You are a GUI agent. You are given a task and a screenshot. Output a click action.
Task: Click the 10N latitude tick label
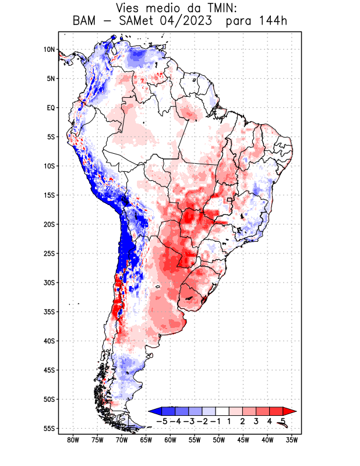50,50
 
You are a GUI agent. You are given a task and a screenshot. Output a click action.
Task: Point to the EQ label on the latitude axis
51,108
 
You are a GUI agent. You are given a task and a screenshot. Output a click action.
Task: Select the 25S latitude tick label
49,253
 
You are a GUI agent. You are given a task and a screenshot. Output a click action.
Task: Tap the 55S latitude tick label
49,428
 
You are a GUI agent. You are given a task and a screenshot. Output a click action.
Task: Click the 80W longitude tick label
73,440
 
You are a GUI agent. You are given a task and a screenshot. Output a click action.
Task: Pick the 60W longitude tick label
170,440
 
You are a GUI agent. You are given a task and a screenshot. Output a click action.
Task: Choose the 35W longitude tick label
292,440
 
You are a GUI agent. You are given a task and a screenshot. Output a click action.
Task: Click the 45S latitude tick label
49,370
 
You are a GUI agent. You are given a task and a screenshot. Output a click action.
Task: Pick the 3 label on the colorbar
256,421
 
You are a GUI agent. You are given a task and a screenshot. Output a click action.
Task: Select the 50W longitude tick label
219,440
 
